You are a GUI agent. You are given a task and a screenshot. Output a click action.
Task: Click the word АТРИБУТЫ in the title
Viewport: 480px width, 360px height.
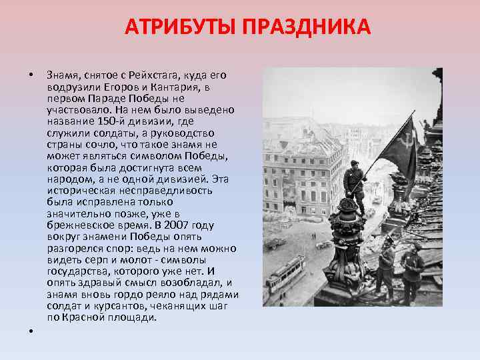(177, 27)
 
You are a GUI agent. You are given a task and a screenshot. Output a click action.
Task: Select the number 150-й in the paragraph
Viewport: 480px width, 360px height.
(108, 121)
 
